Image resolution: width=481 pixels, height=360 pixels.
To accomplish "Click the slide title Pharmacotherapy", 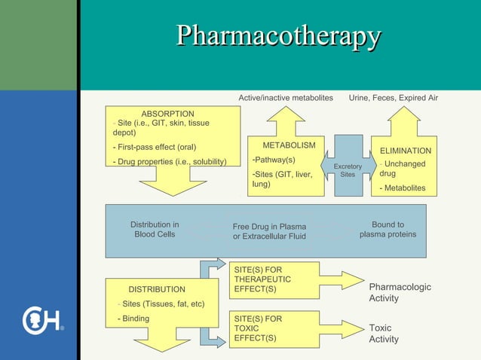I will pyautogui.click(x=278, y=35).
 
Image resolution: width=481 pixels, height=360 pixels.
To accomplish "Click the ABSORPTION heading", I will pyautogui.click(x=167, y=114).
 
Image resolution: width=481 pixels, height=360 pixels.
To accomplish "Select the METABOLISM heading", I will pyautogui.click(x=289, y=145).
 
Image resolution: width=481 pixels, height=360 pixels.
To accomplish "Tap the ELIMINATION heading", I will pyautogui.click(x=405, y=151).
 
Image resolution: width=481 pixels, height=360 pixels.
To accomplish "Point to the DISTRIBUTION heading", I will pyautogui.click(x=156, y=289).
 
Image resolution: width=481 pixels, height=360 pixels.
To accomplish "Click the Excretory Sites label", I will pyautogui.click(x=348, y=170).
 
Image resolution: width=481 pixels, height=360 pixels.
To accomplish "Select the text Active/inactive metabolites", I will pyautogui.click(x=286, y=98).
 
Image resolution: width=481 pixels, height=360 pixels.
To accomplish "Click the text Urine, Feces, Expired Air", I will pyautogui.click(x=393, y=98).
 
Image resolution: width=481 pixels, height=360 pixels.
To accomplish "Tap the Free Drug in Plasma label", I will pyautogui.click(x=269, y=231).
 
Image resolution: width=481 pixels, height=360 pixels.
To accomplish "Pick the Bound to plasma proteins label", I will pyautogui.click(x=388, y=229).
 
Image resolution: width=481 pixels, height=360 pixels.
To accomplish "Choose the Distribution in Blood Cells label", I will pyautogui.click(x=155, y=229).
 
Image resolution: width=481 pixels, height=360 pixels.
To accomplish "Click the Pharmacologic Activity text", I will pyautogui.click(x=400, y=292).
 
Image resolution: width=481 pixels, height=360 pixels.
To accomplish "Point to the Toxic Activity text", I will pyautogui.click(x=384, y=334).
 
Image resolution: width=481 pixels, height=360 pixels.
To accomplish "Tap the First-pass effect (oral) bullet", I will pyautogui.click(x=157, y=147).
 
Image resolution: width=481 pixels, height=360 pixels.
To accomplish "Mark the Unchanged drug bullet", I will pyautogui.click(x=403, y=168).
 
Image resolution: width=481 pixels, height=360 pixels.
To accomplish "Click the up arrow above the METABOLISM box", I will pyautogui.click(x=286, y=121).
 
